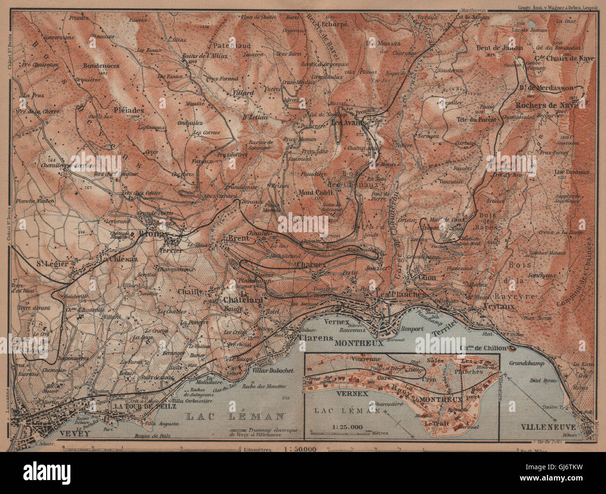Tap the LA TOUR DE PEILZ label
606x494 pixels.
click(145, 406)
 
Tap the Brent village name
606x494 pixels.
click(238, 238)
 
